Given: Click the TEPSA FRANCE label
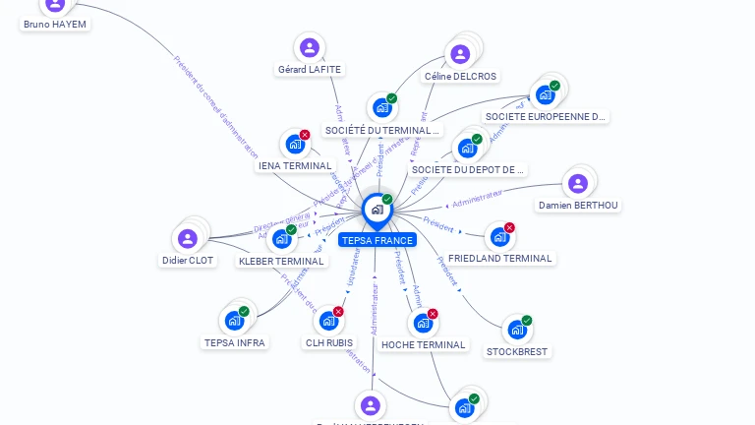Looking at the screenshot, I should click(377, 240).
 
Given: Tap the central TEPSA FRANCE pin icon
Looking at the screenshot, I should click(377, 209).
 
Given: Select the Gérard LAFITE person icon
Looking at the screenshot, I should click(310, 47).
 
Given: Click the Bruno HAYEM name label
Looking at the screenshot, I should click(56, 24).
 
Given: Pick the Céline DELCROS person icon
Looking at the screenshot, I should click(459, 54).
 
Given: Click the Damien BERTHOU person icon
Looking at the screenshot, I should click(578, 183).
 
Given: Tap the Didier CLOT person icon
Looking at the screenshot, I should click(187, 238).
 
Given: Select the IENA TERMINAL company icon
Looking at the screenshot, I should click(294, 144).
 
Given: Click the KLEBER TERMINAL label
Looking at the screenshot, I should click(281, 261).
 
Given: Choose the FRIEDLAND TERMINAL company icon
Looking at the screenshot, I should click(499, 236).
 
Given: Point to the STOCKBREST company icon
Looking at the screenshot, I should click(517, 330).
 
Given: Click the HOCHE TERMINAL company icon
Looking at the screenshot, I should click(423, 323).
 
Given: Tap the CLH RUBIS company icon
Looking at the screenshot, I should click(328, 321).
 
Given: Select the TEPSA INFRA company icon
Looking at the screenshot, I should click(234, 320).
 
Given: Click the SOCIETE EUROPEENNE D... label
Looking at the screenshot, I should click(547, 116).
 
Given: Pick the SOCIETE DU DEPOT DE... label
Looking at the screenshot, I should click(469, 169).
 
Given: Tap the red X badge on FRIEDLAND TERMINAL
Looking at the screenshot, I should click(509, 228).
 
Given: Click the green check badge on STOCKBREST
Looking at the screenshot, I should click(527, 321).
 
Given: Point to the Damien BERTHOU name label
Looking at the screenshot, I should click(579, 206).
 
